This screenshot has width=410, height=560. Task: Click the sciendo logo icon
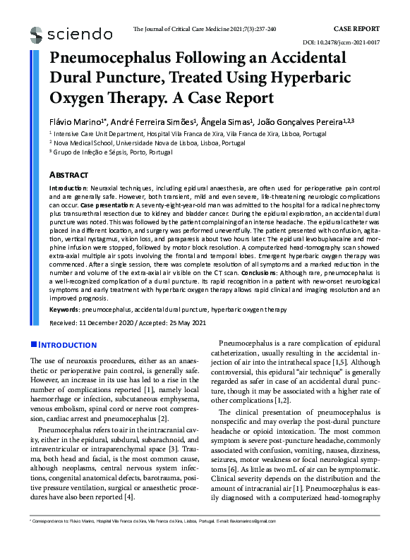(x=37, y=34)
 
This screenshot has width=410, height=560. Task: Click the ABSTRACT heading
(x=68, y=174)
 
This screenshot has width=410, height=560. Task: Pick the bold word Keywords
(x=64, y=310)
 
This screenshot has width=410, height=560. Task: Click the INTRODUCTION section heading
(x=67, y=345)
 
